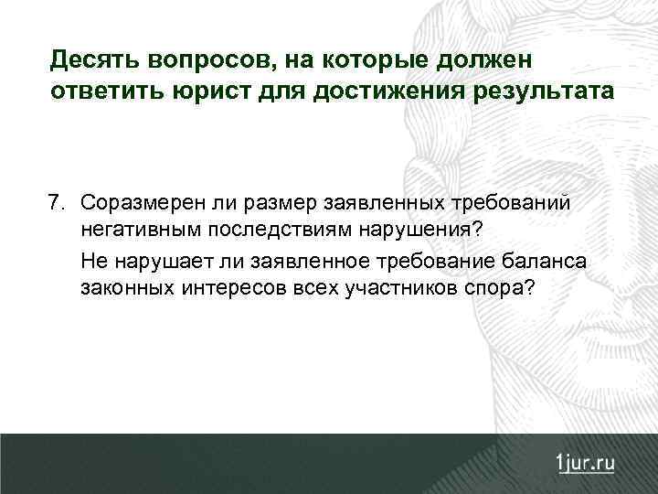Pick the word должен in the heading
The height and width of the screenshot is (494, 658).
point(493,61)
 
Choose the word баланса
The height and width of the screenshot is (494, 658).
point(547,261)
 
